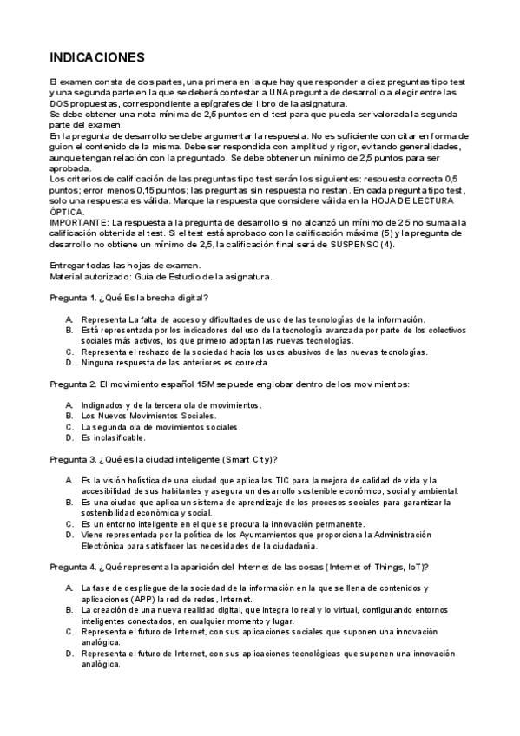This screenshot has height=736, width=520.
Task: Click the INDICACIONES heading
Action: click(x=97, y=58)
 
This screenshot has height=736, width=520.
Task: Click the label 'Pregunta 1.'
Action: click(x=73, y=299)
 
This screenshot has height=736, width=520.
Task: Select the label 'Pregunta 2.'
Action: click(x=73, y=384)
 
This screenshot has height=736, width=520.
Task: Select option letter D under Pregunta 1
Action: click(x=69, y=363)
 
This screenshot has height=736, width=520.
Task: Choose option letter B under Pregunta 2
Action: click(x=69, y=416)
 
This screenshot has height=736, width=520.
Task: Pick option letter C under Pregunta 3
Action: click(x=69, y=524)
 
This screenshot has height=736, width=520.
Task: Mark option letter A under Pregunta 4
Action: click(x=69, y=588)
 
